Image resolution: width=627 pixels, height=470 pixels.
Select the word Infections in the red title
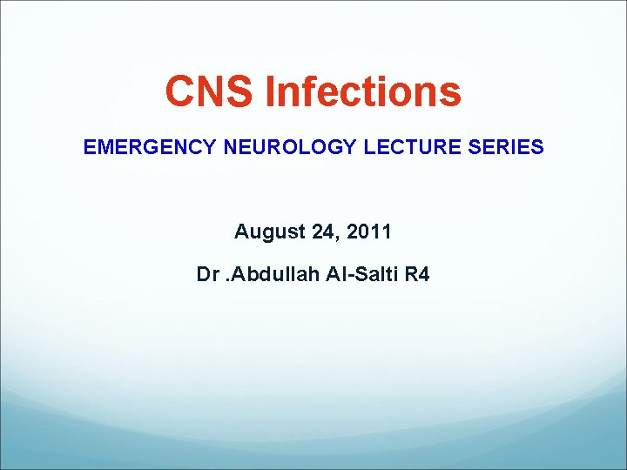tap(364, 91)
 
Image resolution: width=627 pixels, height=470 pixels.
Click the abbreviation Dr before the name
tap(208, 275)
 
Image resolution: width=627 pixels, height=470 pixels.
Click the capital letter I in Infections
tap(272, 91)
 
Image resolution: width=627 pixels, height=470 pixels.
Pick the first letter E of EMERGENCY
tap(90, 147)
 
